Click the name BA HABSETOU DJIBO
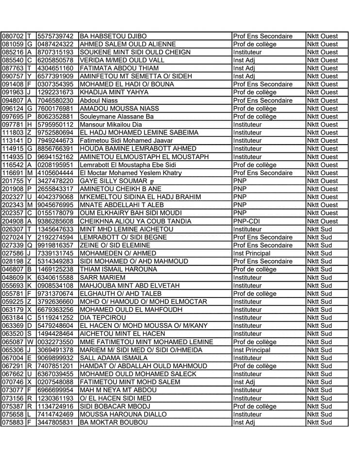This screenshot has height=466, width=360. (x=113, y=36)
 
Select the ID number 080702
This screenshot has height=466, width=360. (x=13, y=36)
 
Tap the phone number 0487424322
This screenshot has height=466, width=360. (x=55, y=44)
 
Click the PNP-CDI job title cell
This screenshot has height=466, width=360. (x=247, y=221)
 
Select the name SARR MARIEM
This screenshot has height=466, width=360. (x=99, y=277)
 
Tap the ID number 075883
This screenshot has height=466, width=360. (x=13, y=422)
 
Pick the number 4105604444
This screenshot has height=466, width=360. (x=55, y=173)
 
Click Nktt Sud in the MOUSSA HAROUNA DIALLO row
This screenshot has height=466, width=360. (x=319, y=414)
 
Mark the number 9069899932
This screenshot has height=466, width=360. (x=55, y=358)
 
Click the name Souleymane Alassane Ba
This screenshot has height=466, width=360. (x=116, y=116)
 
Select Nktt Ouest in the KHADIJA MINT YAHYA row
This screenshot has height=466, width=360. (x=322, y=92)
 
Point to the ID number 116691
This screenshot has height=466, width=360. (x=13, y=173)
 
